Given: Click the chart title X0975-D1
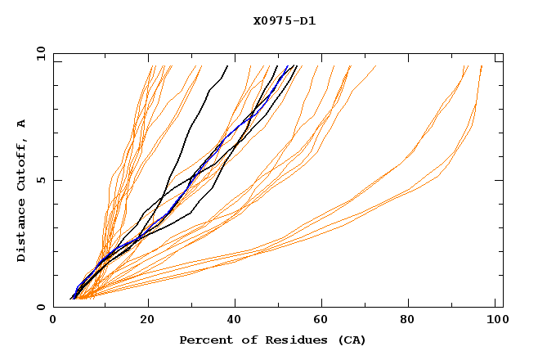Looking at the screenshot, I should point(284,20).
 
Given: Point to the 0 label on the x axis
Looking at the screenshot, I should point(54,320).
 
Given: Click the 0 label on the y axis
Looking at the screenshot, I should point(41,307).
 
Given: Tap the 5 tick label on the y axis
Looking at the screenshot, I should point(41,180).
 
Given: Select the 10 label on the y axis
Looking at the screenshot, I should point(38,54).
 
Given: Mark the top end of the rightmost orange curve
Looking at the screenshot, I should point(482,66).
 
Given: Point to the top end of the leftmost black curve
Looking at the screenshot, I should point(227,66).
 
